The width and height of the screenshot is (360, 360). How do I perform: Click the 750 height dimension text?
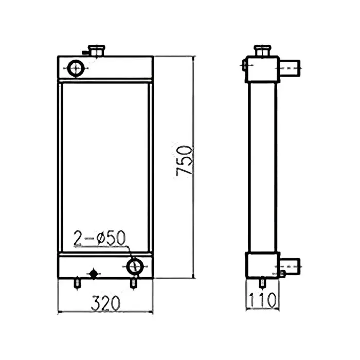pyautogui.click(x=185, y=160)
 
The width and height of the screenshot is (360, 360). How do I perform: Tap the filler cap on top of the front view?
pyautogui.click(x=96, y=51)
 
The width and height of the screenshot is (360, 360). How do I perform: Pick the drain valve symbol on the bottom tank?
pyautogui.click(x=94, y=273)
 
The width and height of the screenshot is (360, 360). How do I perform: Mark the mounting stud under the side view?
pyautogui.click(x=263, y=282)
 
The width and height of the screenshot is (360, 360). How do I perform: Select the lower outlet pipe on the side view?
pyautogui.click(x=291, y=265)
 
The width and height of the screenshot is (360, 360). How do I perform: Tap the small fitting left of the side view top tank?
pyautogui.click(x=243, y=65)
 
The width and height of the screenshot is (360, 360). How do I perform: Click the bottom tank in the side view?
pyautogui.click(x=262, y=266)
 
